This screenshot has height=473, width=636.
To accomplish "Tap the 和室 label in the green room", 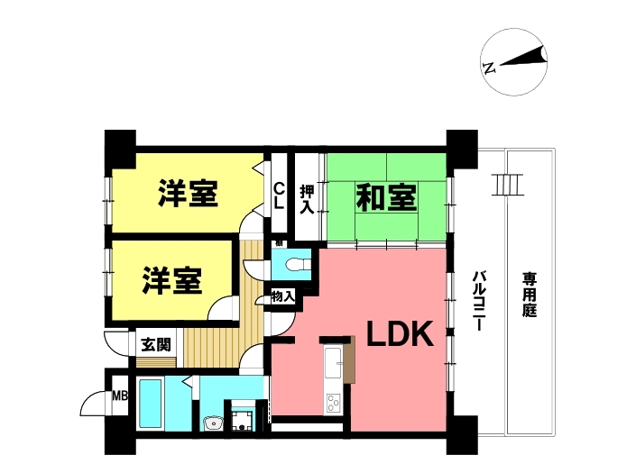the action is click(386, 198).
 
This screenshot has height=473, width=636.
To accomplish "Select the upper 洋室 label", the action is click(188, 194).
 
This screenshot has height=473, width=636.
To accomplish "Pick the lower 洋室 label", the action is click(172, 280).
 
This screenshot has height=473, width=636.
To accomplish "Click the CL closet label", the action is click(278, 196).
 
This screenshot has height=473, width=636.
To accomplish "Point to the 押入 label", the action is click(307, 199).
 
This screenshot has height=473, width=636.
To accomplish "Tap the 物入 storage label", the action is click(282, 296).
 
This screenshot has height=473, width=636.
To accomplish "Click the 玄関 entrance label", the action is click(156, 345).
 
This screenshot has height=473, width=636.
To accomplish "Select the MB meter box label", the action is click(120, 396).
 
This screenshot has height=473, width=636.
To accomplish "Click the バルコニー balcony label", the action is click(479, 301).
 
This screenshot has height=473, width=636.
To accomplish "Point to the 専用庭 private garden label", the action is click(530, 295).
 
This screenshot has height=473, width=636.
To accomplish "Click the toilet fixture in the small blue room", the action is click(298, 265).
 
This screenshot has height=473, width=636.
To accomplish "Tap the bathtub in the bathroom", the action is click(151, 404).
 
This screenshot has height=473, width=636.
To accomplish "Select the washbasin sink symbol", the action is click(213, 423).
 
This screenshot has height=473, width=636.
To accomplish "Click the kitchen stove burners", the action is click(334, 403).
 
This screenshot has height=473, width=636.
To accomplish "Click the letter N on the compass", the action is click(490, 68).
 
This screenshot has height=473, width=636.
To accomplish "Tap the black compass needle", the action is click(523, 57).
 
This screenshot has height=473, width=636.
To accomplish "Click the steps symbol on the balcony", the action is click(507, 185).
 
